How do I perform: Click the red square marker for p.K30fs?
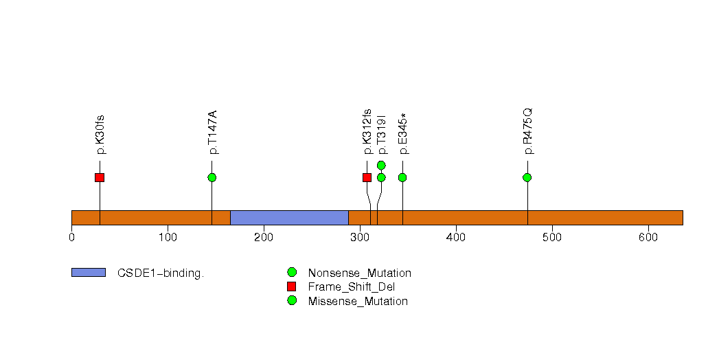tap(100, 178)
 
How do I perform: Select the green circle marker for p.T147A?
tap(212, 178)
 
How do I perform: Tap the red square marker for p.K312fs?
tap(367, 178)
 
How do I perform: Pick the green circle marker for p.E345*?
tap(402, 178)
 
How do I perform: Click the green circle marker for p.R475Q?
tap(527, 178)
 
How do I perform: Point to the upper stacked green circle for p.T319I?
tap(381, 165)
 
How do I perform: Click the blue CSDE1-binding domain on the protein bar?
tap(289, 217)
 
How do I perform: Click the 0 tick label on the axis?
tap(72, 238)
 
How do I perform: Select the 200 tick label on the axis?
tap(264, 238)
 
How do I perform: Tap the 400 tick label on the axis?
tap(456, 238)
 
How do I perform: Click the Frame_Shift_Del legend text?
tap(351, 287)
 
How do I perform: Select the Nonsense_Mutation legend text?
tap(359, 273)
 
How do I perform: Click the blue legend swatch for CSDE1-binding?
tap(89, 273)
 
